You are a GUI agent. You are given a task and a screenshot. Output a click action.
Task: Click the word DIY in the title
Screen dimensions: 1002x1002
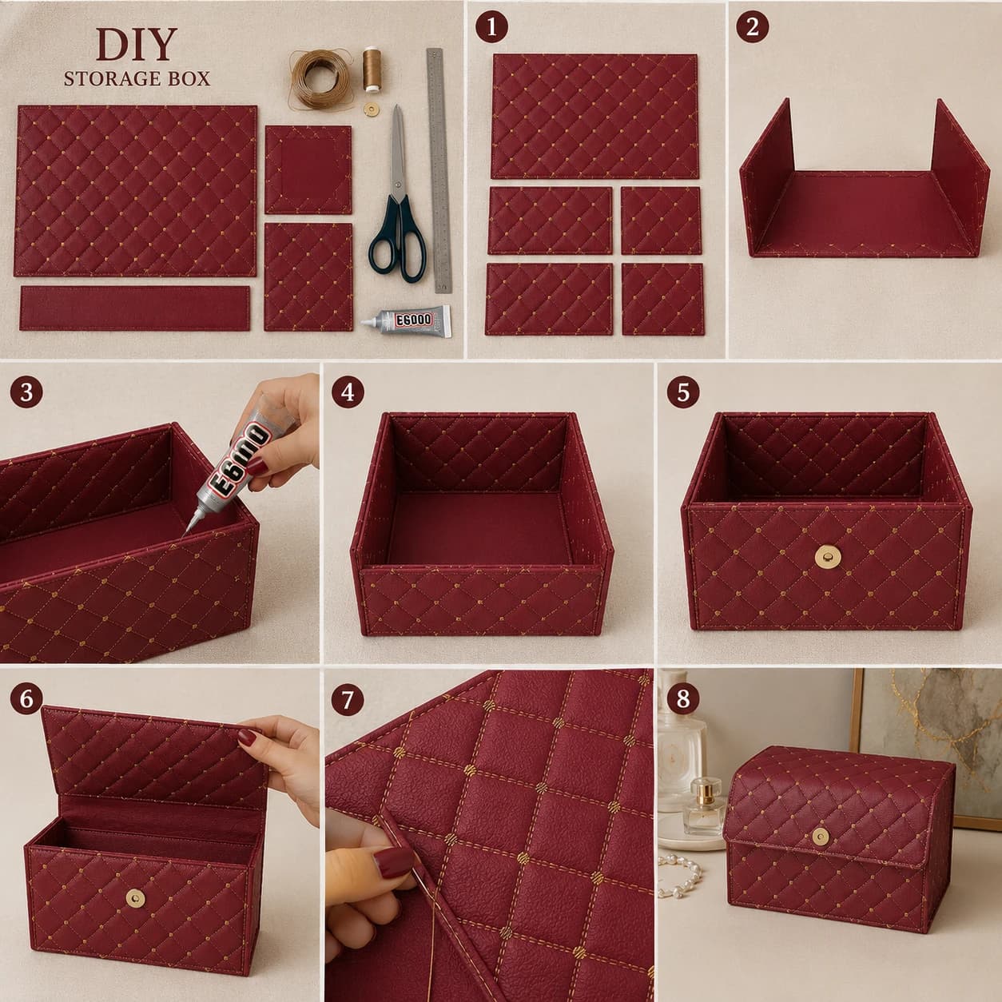coord(136,46)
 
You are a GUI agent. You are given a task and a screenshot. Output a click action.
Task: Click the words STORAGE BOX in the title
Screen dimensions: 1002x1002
coord(137,78)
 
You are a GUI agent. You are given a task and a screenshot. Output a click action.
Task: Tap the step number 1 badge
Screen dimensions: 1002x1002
coord(491,27)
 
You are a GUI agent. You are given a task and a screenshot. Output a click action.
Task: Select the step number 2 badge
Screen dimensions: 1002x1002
coord(753,27)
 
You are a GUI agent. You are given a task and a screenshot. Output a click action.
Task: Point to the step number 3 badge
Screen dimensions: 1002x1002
coord(26,392)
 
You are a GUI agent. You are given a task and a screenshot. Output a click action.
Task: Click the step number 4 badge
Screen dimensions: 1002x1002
coord(348,392)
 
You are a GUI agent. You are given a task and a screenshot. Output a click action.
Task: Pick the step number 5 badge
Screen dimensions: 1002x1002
coord(683,392)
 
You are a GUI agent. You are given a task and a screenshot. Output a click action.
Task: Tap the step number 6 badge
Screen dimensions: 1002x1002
coord(26,699)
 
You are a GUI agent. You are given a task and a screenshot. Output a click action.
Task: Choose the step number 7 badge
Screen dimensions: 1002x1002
coord(347,699)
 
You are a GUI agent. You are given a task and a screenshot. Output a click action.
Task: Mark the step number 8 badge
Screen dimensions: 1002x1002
coord(682,699)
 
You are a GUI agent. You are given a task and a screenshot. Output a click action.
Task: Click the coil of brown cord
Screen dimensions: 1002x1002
coord(318,78)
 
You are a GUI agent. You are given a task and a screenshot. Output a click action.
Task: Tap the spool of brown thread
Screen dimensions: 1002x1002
coord(372,69)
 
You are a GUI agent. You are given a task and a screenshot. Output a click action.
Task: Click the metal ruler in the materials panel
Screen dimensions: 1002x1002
coord(439,170)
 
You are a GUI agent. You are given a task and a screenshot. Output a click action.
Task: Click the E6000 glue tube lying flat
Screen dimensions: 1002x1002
coord(408,321)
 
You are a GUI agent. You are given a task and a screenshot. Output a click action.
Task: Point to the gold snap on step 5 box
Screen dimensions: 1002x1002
coord(825,556)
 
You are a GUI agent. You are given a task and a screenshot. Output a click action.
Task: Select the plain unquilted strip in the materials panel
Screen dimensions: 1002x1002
coord(135,308)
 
